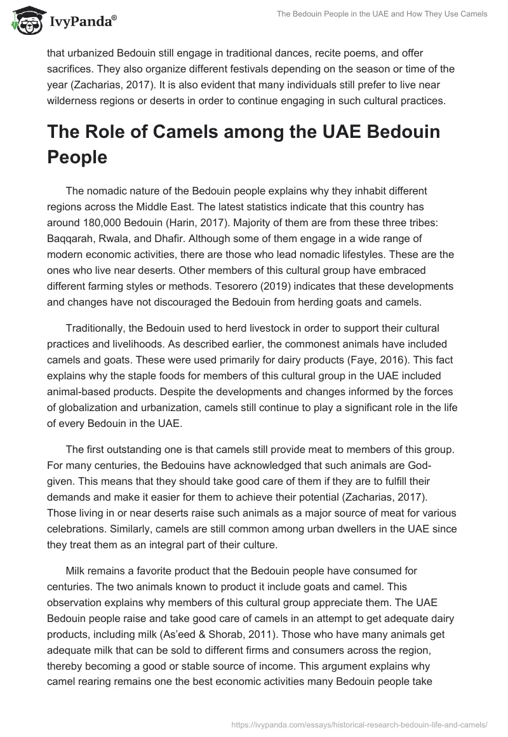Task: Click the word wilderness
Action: [74, 100]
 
